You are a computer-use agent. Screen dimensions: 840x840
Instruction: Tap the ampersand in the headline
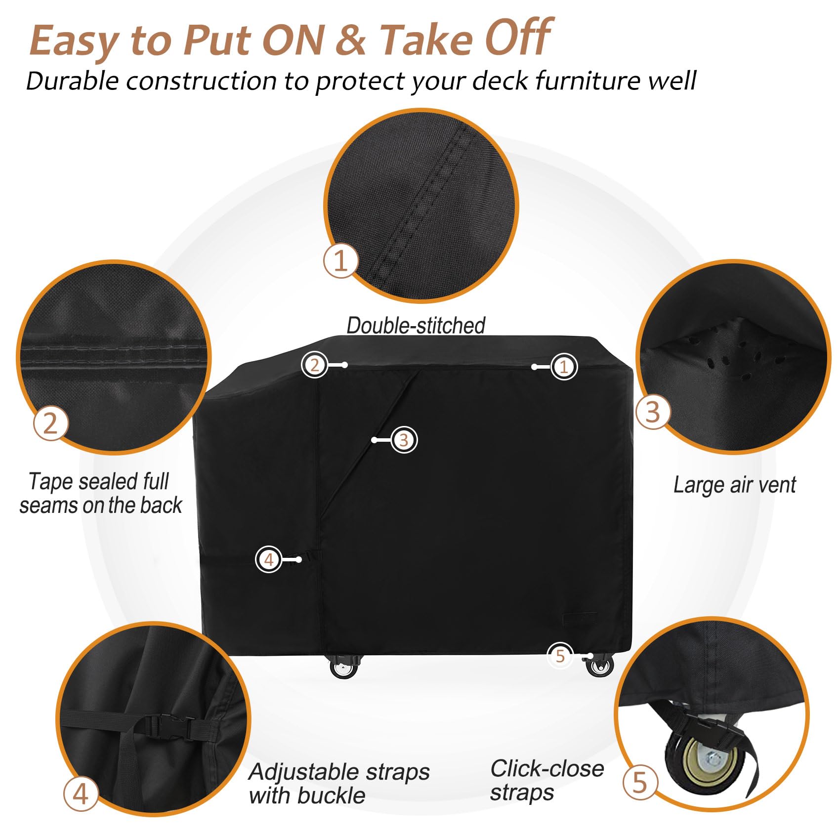[x=350, y=40]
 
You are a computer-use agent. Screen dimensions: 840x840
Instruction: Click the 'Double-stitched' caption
[x=416, y=326]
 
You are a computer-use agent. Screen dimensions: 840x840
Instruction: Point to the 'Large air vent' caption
[x=734, y=485]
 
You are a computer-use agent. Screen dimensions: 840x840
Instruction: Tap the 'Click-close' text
[x=547, y=769]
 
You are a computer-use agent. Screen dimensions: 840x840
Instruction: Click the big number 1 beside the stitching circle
[x=341, y=260]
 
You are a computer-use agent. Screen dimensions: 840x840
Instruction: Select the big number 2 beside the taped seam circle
[x=50, y=423]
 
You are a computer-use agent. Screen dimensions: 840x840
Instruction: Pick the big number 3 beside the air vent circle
[x=653, y=412]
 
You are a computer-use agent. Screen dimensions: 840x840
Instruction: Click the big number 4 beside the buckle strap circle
[x=81, y=794]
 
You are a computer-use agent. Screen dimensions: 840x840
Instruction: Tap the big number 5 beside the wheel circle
[x=639, y=783]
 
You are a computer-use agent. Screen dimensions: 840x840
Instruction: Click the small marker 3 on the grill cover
[x=404, y=440]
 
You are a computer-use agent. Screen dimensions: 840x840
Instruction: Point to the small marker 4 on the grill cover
[x=268, y=559]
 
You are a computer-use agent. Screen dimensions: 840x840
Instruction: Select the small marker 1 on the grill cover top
[x=564, y=367]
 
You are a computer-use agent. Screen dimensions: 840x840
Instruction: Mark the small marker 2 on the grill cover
[x=314, y=365]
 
